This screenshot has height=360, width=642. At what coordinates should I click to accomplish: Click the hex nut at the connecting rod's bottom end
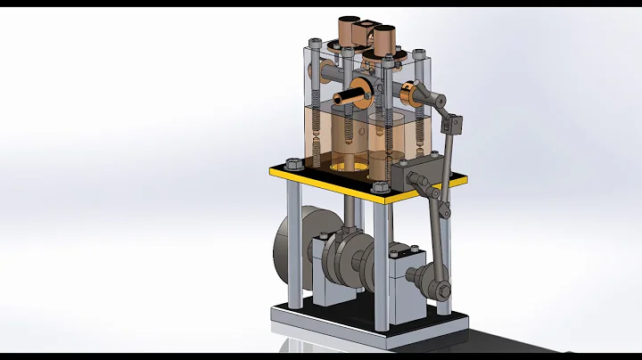tap(439, 288)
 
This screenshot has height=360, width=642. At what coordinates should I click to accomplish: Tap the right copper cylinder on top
tap(385, 39)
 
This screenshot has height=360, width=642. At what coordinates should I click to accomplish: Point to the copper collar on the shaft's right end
tap(412, 92)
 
